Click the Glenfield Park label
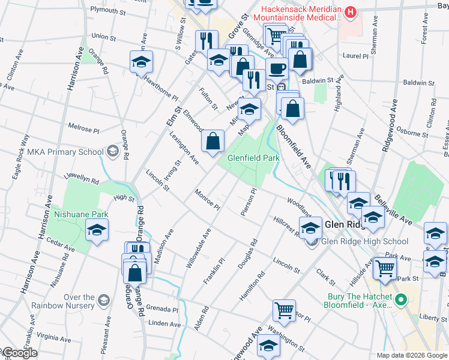253,158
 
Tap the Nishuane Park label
80,214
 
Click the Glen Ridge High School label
365,242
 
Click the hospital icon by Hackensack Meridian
351,11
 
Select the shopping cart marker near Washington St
284,310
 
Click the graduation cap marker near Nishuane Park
97,230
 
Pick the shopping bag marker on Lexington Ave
213,142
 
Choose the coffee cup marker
276,68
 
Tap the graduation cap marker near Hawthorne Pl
141,61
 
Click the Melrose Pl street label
83,128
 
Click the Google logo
19,353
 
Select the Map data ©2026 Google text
411,355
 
